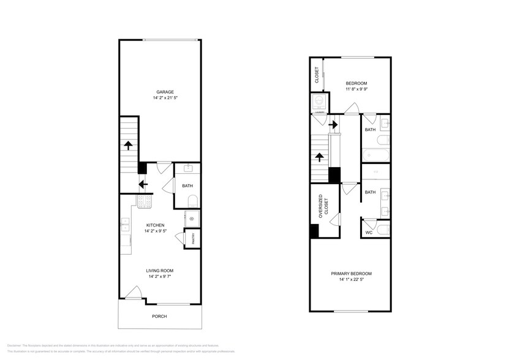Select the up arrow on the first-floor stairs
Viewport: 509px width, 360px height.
tap(128, 145)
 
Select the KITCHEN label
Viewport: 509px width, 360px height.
tap(154, 225)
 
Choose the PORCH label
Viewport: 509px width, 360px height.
tap(159, 316)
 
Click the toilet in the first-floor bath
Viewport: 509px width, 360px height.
tap(190, 200)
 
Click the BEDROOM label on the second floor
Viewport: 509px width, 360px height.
tap(356, 83)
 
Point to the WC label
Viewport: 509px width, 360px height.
tap(369, 233)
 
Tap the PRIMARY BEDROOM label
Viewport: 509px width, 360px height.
tap(351, 273)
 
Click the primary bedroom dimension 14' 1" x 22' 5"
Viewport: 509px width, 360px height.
tap(351, 280)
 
